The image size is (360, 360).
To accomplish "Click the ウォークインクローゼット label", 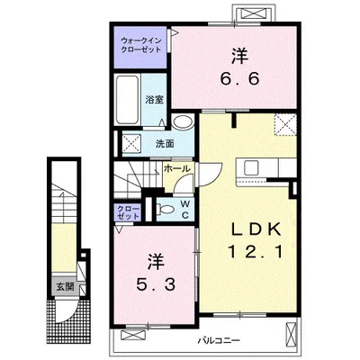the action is click(140, 45).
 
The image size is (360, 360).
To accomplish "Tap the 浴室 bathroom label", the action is click(154, 100).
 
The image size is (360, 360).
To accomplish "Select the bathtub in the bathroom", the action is click(128, 100).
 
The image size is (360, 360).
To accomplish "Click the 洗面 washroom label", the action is click(165, 144).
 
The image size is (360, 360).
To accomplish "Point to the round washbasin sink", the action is click(183, 122).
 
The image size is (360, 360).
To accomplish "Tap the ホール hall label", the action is click(177, 168).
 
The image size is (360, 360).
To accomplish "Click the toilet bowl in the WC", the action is click(166, 209).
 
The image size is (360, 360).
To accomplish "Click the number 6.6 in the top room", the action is click(239, 79).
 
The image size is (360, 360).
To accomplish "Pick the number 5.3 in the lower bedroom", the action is click(156, 284).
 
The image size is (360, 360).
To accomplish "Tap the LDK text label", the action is click(256, 229).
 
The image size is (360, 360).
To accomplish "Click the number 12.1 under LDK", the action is click(256, 251).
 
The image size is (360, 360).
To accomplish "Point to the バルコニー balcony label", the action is click(219, 340).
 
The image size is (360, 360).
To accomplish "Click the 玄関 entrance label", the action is click(65, 287).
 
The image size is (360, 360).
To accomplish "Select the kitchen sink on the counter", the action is click(251, 168).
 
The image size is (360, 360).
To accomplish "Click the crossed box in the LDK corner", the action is click(285, 125).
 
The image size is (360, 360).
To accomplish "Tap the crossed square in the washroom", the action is click(131, 144).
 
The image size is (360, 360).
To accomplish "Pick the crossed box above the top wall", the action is click(254, 13).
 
